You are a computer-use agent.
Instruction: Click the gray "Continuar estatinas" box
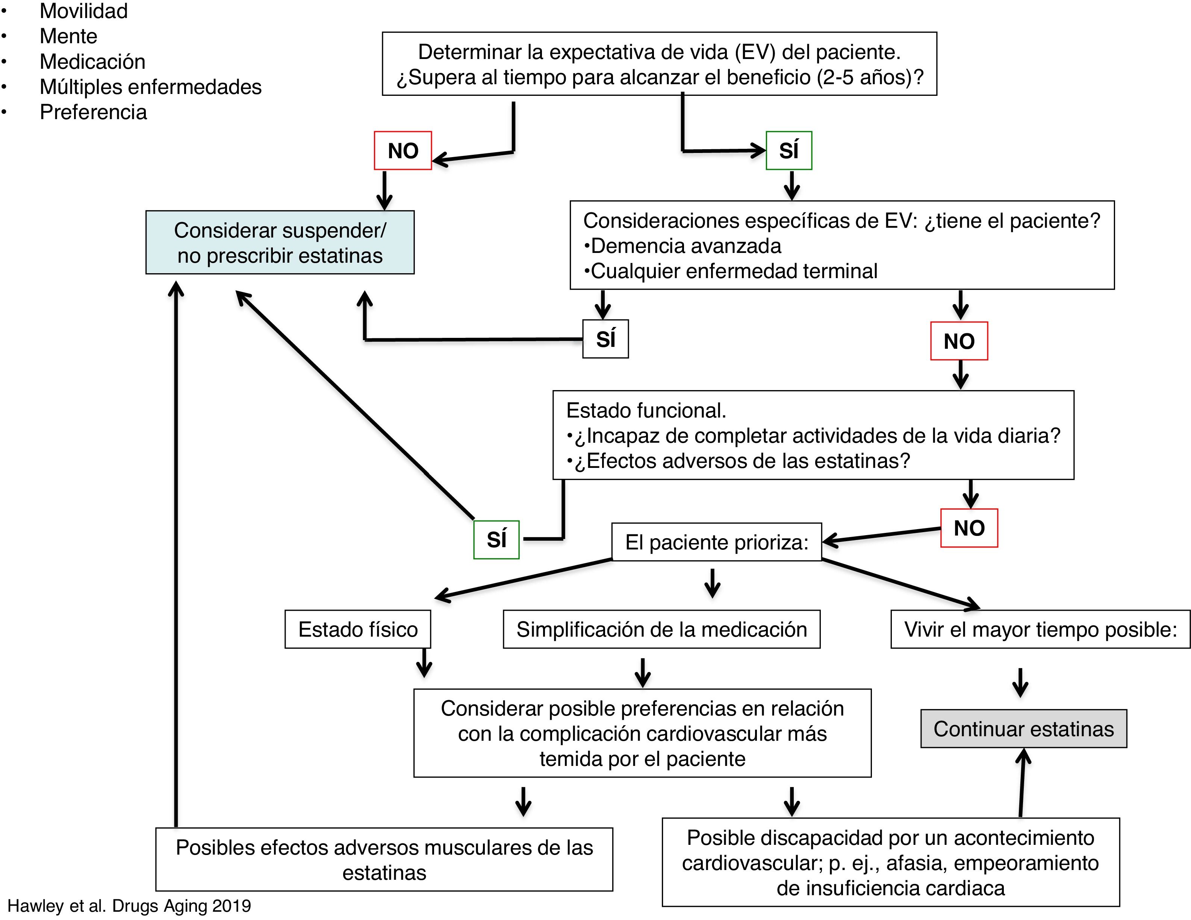[1023, 729]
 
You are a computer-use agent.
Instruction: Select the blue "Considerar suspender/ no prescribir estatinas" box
[280, 243]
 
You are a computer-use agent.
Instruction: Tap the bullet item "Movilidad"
[83, 11]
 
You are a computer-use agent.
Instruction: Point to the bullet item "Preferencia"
[93, 112]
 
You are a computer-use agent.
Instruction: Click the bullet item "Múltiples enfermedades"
[150, 87]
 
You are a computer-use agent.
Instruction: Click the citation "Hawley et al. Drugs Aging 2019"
[129, 906]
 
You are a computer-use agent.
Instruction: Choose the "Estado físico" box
[358, 629]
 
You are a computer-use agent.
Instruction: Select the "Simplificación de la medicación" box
[661, 629]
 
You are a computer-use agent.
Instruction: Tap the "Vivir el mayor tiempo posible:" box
[1040, 629]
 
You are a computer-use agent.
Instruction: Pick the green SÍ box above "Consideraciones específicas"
[788, 151]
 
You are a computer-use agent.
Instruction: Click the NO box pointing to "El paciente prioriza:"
[969, 528]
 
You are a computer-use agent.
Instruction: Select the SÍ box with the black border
[605, 339]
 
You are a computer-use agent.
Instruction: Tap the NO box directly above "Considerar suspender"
[403, 151]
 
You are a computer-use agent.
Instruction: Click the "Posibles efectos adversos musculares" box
[384, 859]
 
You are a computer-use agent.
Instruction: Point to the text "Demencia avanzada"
[686, 246]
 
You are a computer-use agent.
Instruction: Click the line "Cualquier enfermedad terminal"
[734, 271]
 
